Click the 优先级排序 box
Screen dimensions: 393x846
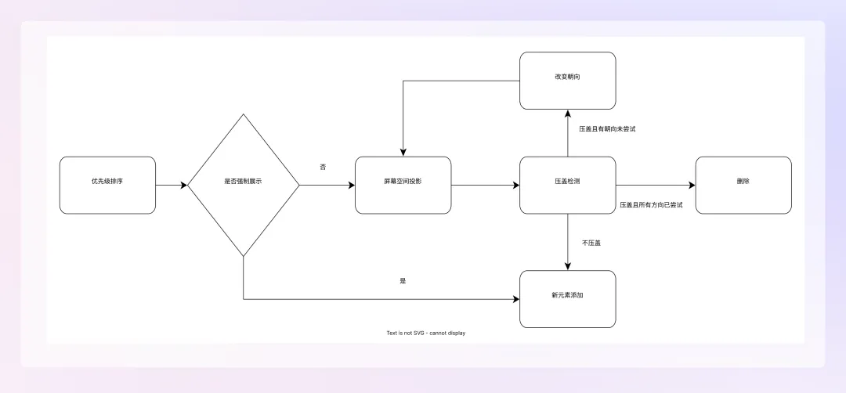107,186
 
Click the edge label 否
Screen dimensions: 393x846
323,168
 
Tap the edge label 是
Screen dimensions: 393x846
403,280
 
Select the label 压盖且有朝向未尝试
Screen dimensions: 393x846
607,128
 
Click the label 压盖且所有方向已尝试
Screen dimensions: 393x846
651,204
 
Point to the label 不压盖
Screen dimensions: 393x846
591,243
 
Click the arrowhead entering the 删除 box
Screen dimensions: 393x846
692,186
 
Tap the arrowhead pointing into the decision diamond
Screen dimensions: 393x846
184,186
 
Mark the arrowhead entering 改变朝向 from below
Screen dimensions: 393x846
567,114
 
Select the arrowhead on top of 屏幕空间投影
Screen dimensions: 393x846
403,153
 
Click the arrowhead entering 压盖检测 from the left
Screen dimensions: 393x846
515,186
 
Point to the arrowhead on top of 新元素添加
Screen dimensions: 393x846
567,266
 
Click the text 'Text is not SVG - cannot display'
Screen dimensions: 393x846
426,333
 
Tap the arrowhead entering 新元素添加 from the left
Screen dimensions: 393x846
515,299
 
